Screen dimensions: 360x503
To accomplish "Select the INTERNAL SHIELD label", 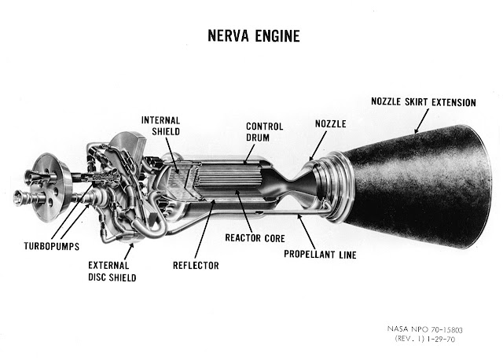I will point(163,126).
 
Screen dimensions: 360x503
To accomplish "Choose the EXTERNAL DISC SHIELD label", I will point(112,271).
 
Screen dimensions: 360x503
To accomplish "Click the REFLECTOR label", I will point(196,266).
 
